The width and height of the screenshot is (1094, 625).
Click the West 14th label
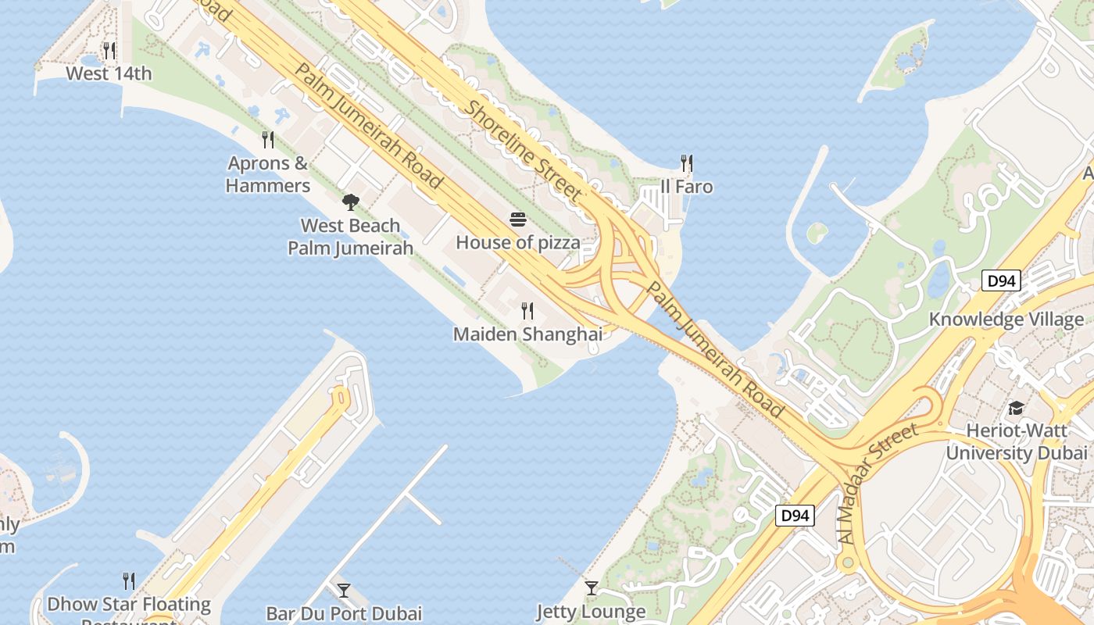pyautogui.click(x=109, y=73)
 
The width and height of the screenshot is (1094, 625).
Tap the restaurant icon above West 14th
pyautogui.click(x=109, y=51)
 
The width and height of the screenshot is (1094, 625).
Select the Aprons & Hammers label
pyautogui.click(x=268, y=174)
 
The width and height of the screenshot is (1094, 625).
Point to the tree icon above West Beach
pyautogui.click(x=351, y=202)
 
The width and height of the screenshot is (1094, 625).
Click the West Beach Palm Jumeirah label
pyautogui.click(x=350, y=237)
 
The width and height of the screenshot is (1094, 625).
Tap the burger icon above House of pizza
pyautogui.click(x=518, y=220)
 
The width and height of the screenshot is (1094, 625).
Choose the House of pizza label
pyautogui.click(x=518, y=242)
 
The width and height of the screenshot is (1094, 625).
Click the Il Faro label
pyautogui.click(x=686, y=187)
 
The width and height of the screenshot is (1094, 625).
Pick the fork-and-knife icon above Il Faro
pyautogui.click(x=686, y=163)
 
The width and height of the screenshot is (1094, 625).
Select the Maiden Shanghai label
pyautogui.click(x=527, y=334)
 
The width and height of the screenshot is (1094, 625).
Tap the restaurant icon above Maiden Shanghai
pyautogui.click(x=527, y=311)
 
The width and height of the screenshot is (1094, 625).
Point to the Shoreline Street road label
pyautogui.click(x=524, y=148)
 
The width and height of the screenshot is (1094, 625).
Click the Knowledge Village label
pyautogui.click(x=1006, y=319)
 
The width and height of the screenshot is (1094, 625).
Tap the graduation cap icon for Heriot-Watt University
pyautogui.click(x=1016, y=408)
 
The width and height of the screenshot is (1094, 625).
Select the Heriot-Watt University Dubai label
pyautogui.click(x=1016, y=441)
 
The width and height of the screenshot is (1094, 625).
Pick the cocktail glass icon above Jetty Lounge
pyautogui.click(x=592, y=588)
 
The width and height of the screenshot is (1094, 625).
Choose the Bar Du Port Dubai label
pyautogui.click(x=344, y=613)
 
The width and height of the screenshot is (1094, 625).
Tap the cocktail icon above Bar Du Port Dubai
pyautogui.click(x=344, y=590)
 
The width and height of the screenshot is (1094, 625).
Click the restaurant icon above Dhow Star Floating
pyautogui.click(x=129, y=580)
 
